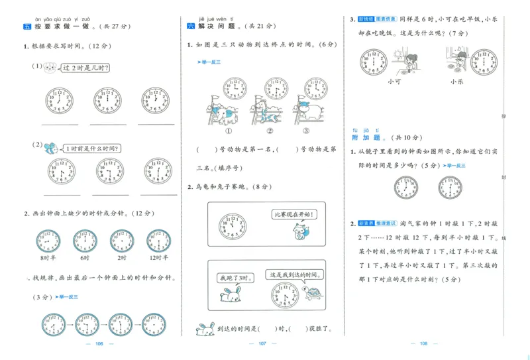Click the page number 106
click(x=101, y=343)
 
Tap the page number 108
click(x=425, y=343)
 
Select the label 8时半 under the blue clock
click(x=48, y=258)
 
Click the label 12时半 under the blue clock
click(x=158, y=258)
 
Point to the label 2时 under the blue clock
click(x=121, y=258)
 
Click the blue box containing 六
click(x=191, y=27)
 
